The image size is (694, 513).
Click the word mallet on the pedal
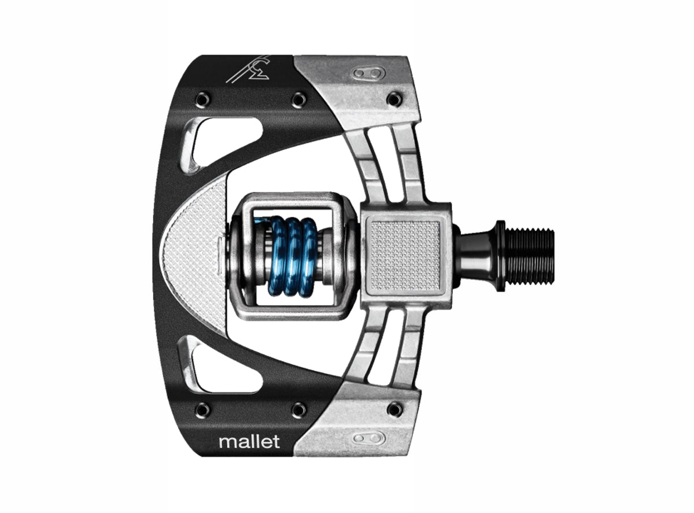(249, 442)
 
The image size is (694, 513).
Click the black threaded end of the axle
(529, 256)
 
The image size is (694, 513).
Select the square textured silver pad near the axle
(407, 255)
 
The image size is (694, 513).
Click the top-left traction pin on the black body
(203, 99)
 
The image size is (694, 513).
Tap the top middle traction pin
(299, 99)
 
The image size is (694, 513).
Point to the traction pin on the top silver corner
(394, 99)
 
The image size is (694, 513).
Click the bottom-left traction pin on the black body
(203, 410)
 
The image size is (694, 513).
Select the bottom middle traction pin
(299, 410)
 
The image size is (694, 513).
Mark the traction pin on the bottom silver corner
(394, 409)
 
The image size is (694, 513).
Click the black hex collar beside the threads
(499, 256)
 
